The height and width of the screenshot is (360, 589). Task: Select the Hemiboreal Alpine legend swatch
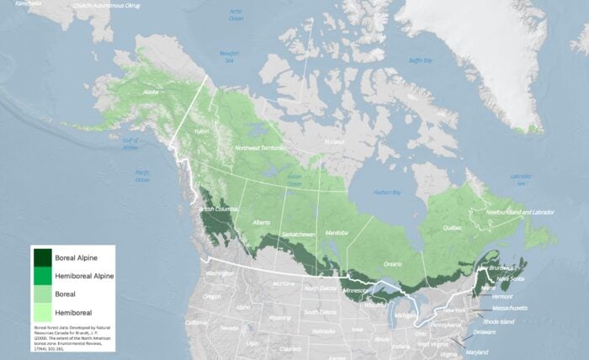point(41,274)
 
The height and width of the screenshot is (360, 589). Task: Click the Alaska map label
point(151,93)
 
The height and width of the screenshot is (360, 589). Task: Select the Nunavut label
point(335,141)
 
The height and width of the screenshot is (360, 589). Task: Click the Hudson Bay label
point(388,193)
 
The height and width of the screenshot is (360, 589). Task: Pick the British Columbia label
point(218,209)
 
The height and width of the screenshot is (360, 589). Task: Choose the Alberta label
point(261,222)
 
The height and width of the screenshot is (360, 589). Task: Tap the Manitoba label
point(337,230)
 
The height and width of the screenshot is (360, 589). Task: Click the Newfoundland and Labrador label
point(521,212)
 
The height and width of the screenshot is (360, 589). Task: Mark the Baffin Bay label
point(421,61)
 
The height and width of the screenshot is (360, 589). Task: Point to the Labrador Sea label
point(522,178)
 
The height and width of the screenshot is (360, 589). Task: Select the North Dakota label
point(320,289)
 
